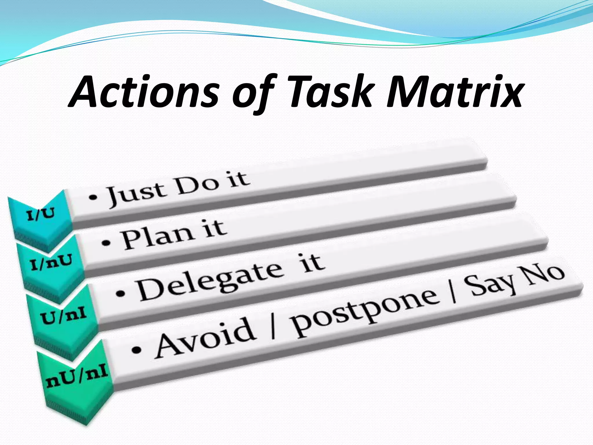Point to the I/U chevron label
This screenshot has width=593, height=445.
coord(41,214)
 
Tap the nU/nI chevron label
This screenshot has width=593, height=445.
coord(77,377)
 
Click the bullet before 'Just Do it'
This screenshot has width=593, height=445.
coord(93,198)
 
